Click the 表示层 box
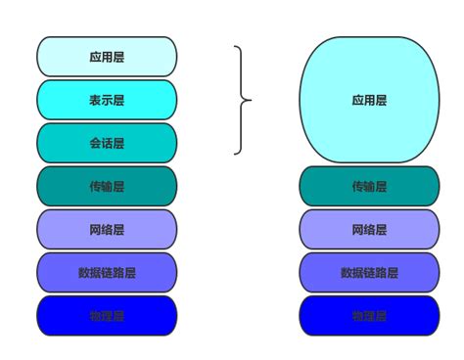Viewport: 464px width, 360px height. [107, 100]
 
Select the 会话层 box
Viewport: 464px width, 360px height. [107, 143]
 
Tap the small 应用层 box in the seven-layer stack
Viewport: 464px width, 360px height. [107, 57]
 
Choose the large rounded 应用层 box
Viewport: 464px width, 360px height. [369, 100]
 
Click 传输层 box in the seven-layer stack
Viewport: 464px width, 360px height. [107, 186]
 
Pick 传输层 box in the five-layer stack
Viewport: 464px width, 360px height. [369, 186]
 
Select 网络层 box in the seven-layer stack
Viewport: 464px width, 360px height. [107, 229]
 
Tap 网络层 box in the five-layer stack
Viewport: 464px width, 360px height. [369, 229]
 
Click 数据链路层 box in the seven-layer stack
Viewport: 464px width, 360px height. [107, 272]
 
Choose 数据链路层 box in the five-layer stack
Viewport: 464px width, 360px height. [369, 272]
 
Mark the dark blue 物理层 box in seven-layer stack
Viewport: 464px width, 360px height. [107, 315]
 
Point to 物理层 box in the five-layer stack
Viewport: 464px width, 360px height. [369, 315]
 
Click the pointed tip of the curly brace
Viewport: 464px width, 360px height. [251, 100]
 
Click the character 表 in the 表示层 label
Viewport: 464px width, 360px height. [96, 100]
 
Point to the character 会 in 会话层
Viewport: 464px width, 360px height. [96, 143]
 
